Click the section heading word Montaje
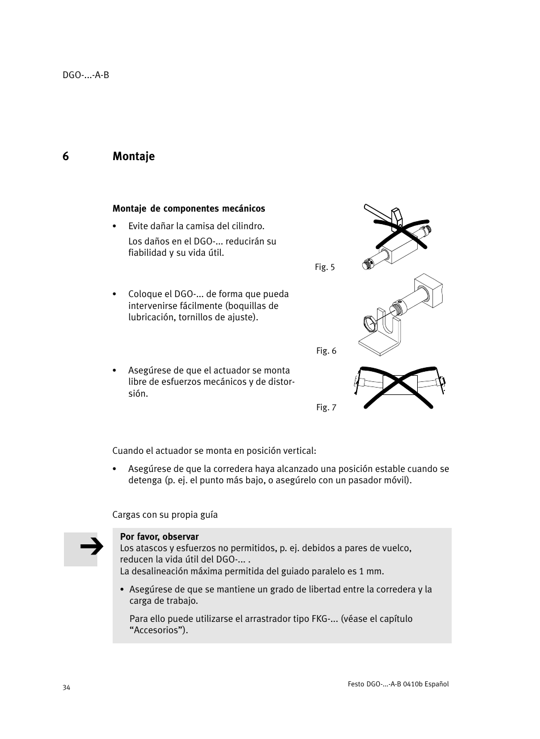pos(133,156)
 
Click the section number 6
pos(66,156)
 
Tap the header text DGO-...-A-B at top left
pos(85,75)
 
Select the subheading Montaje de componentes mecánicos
pos(188,208)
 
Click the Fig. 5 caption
pos(325,267)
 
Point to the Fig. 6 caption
pos(326,351)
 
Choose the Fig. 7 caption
pos(326,407)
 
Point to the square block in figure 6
pos(428,292)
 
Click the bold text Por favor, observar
pos(159,536)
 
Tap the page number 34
pos(67,688)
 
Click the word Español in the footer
pos(436,684)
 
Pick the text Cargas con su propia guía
pos(165,514)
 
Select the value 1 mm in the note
pos(372,571)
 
